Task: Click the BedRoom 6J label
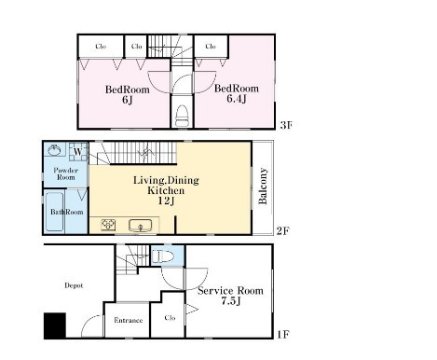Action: point(120,96)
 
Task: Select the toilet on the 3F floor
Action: point(182,115)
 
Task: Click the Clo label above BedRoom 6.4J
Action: point(211,46)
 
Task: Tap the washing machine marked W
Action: point(77,151)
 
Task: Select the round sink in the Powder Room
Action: point(54,151)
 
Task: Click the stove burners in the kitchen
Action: point(107,225)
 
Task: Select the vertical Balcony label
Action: point(264,186)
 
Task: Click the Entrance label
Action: point(128,321)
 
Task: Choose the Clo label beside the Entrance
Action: point(169,317)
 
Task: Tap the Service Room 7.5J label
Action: point(230,297)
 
